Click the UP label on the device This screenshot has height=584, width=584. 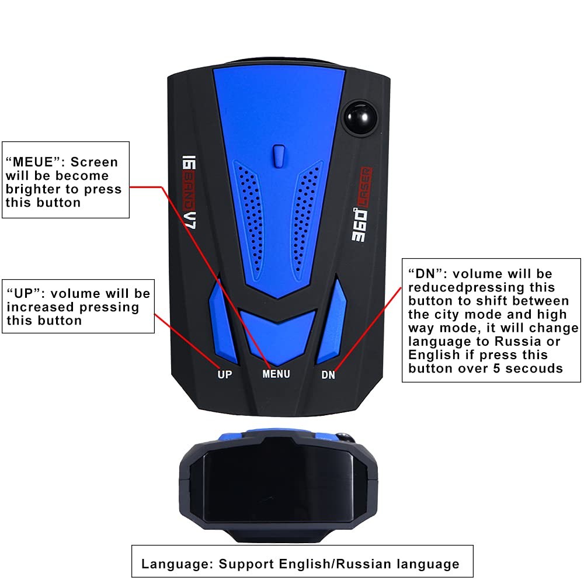(x=224, y=374)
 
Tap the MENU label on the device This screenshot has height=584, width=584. (x=276, y=374)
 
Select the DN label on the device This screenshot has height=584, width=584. (x=328, y=375)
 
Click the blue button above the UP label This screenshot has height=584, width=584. (x=221, y=318)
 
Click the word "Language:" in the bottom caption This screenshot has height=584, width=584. (x=177, y=564)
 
